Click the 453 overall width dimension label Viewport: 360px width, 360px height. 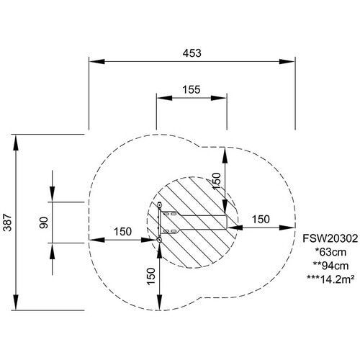[x=192, y=53]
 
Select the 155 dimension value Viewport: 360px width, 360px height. [x=192, y=90]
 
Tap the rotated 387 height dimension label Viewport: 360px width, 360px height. [x=8, y=222]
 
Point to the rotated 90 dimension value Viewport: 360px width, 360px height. [x=44, y=222]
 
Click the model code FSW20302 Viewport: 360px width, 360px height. [x=330, y=238]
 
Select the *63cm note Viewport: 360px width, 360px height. [x=330, y=252]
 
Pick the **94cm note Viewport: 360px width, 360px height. [x=330, y=266]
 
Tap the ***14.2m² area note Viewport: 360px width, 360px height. [x=330, y=279]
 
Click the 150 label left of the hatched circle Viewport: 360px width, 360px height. [x=122, y=232]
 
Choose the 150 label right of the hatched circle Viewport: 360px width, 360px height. [x=261, y=220]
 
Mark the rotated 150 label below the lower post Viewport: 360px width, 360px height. [x=151, y=276]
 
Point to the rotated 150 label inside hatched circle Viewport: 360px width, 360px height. [x=216, y=181]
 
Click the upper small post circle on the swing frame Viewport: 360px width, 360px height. [x=159, y=205]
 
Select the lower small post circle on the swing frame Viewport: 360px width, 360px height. [x=159, y=240]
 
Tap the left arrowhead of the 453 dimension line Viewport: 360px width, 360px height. [x=97, y=61]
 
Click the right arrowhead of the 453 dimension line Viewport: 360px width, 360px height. [x=287, y=61]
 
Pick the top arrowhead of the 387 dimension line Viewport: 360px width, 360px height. [x=16, y=143]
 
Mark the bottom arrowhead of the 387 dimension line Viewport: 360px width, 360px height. [x=16, y=302]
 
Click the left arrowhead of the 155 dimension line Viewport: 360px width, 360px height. [x=164, y=98]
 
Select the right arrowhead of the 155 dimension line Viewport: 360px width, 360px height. [x=219, y=98]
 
